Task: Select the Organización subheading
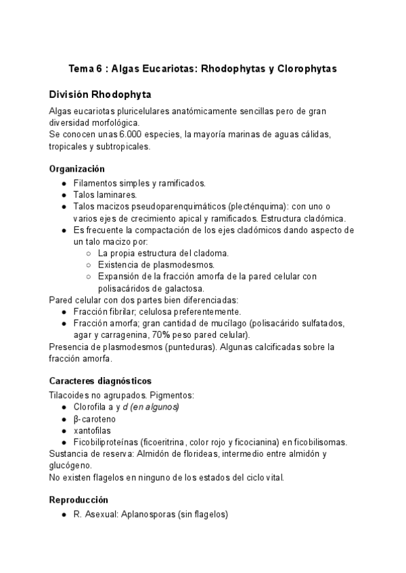point(77,169)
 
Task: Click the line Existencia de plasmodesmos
point(156,264)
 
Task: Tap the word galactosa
point(156,288)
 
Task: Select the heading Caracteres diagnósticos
point(100,381)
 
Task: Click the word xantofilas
point(93,430)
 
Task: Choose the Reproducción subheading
point(78,501)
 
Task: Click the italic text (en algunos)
point(155,407)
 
